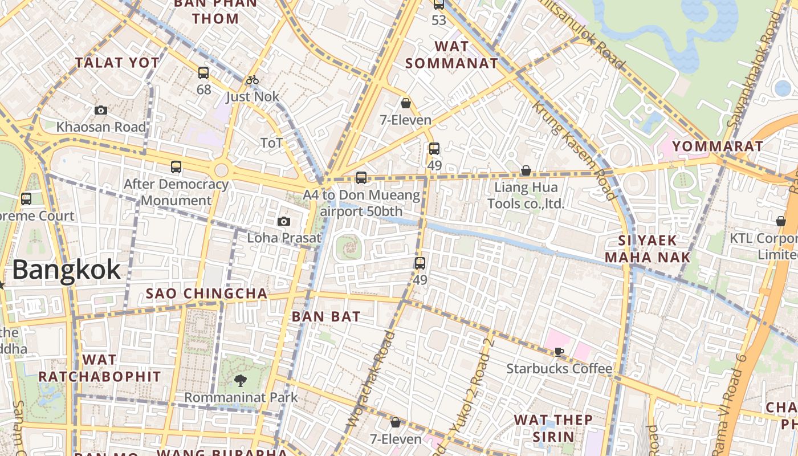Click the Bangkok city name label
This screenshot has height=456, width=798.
pyautogui.click(x=66, y=270)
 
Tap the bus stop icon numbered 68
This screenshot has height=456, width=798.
pyautogui.click(x=203, y=73)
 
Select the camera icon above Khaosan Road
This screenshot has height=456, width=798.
pyautogui.click(x=101, y=110)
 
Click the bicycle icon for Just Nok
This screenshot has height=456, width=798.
pyautogui.click(x=253, y=80)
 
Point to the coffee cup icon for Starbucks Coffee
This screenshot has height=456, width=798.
pyautogui.click(x=559, y=352)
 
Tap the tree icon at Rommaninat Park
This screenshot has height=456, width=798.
pyautogui.click(x=240, y=380)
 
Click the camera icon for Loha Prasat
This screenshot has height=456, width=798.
pyautogui.click(x=283, y=221)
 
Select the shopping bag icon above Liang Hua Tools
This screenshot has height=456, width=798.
pyautogui.click(x=526, y=170)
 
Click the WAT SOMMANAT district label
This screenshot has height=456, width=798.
pyautogui.click(x=452, y=55)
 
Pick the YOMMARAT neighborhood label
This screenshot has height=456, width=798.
pyautogui.click(x=718, y=146)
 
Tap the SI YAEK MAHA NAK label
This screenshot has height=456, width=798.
pyautogui.click(x=648, y=249)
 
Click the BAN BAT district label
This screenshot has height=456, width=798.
pyautogui.click(x=326, y=316)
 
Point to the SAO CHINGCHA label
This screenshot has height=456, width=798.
pyautogui.click(x=206, y=294)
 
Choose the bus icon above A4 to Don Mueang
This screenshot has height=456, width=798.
pyautogui.click(x=361, y=178)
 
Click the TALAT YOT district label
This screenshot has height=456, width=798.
pyautogui.click(x=117, y=63)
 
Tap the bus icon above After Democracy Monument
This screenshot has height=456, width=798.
pyautogui.click(x=176, y=167)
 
